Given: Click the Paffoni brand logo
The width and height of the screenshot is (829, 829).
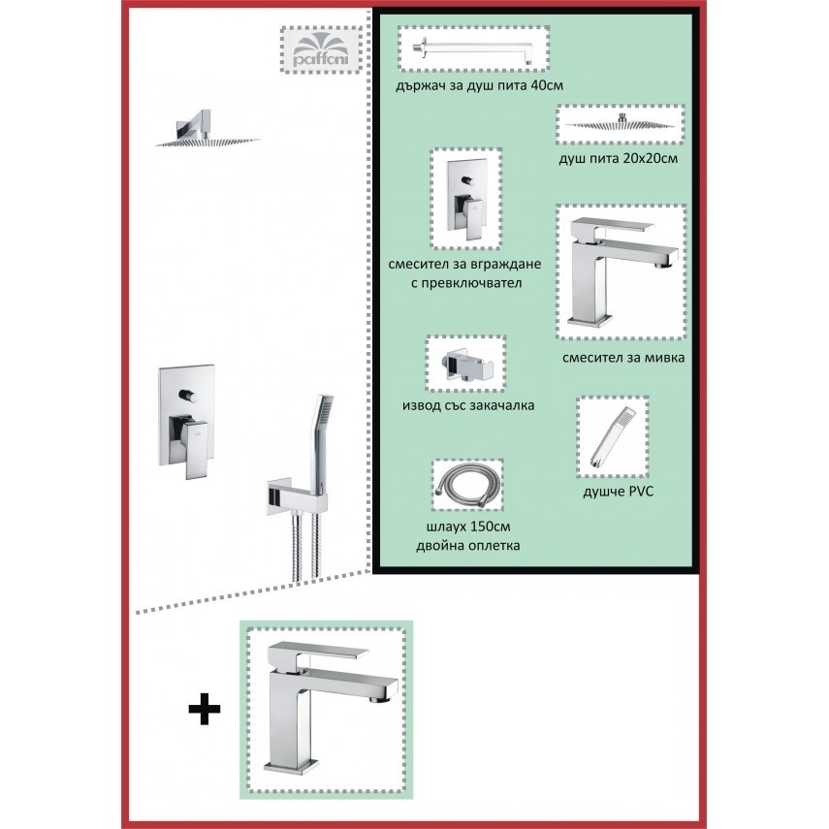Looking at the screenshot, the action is [x=320, y=50].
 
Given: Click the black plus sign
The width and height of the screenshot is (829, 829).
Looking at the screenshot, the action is [x=205, y=709].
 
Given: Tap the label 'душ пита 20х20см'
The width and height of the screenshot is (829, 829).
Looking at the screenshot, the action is [x=618, y=158].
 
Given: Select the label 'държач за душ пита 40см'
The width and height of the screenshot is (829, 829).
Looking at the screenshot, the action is [x=479, y=85].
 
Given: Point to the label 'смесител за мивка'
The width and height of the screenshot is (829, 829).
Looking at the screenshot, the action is [x=623, y=358].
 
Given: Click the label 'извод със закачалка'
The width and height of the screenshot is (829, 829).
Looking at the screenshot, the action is [x=468, y=405].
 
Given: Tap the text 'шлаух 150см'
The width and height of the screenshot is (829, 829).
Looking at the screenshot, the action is [x=468, y=526].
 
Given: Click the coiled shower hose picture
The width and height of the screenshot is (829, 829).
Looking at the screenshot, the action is [x=468, y=486].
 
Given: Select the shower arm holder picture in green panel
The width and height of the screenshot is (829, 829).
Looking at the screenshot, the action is [x=474, y=48].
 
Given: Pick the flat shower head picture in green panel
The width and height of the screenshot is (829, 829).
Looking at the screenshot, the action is [x=621, y=124].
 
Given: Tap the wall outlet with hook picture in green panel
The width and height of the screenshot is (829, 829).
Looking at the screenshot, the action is [x=466, y=364].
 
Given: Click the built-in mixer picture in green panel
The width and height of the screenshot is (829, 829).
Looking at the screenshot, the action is [x=465, y=199].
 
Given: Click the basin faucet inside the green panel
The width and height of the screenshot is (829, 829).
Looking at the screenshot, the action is [x=622, y=271].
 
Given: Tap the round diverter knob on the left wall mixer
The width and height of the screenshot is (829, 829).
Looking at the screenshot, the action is [x=186, y=395].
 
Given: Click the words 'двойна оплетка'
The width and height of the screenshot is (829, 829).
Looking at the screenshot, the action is [x=468, y=545].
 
